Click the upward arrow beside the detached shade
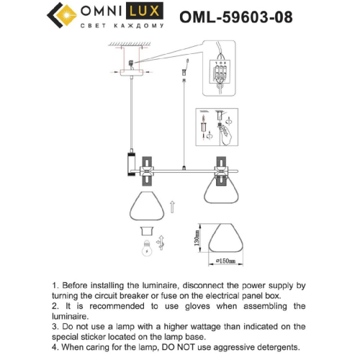(x=171, y=210)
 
